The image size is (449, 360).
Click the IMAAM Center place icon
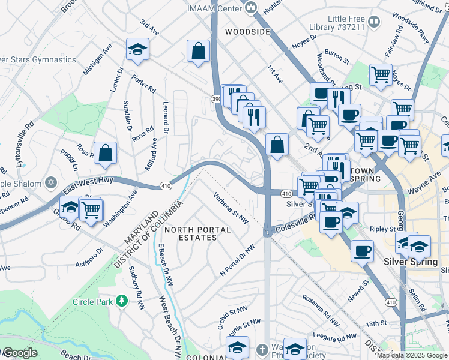251,8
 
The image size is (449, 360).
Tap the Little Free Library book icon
374,22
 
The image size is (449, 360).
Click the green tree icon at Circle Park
122,301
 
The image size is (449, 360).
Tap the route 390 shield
215,98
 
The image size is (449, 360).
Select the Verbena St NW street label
231,208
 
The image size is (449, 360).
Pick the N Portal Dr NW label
238,260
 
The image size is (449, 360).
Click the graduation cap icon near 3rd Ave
137,50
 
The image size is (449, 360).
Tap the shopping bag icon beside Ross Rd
105,152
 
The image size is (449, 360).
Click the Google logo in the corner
20,353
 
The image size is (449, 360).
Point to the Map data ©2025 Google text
412,355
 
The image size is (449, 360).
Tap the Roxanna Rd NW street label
316,304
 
